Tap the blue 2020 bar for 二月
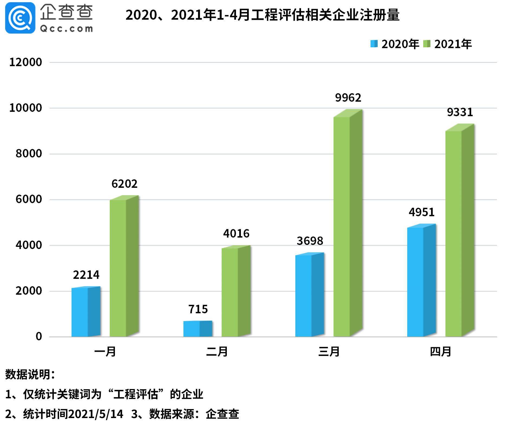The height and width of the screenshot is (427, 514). (x=198, y=329)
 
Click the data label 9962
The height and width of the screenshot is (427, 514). (x=348, y=98)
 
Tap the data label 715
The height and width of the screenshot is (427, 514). (x=198, y=309)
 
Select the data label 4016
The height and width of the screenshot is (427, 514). (x=236, y=234)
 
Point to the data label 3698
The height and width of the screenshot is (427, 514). (x=310, y=241)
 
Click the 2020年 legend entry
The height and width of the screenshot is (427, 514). (x=395, y=44)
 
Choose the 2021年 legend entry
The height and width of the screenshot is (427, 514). (x=448, y=44)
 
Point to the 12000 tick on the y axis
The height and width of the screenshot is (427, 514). (x=26, y=62)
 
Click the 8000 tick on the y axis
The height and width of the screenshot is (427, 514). (x=29, y=154)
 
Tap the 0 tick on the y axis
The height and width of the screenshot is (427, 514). (x=39, y=337)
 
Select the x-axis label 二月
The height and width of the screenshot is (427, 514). (x=217, y=352)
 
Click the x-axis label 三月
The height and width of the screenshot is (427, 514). (x=329, y=352)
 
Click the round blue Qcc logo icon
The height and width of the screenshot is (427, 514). (x=20, y=18)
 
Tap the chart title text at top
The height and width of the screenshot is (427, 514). (x=262, y=15)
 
